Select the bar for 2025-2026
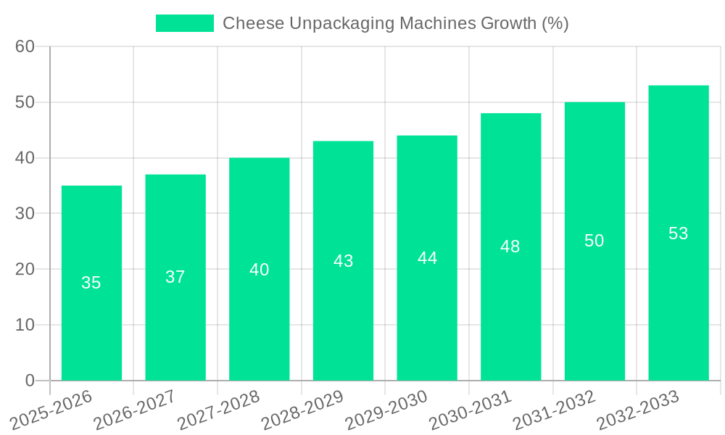click(91, 283)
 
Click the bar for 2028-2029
click(343, 260)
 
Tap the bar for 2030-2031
click(510, 246)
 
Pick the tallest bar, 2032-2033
click(678, 233)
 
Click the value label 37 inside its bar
click(175, 277)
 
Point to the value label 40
click(259, 270)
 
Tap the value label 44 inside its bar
click(427, 258)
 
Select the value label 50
click(594, 241)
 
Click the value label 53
click(678, 233)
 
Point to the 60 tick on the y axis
click(25, 46)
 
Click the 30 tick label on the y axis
click(25, 214)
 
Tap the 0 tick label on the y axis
click(30, 381)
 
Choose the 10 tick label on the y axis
click(25, 325)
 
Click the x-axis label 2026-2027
click(135, 410)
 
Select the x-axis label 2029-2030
click(386, 410)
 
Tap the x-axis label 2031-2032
click(555, 410)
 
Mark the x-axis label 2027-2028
click(219, 410)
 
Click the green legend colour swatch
click(185, 23)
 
